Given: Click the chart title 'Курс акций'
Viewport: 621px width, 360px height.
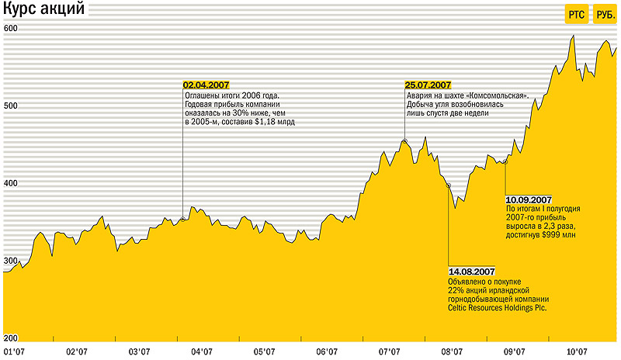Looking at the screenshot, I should tap(44, 12).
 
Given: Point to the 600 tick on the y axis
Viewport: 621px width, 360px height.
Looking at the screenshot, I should tap(11, 28).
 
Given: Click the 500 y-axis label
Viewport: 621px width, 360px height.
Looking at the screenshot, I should tap(11, 106).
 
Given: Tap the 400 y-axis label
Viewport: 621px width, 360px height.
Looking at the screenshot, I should tap(11, 183).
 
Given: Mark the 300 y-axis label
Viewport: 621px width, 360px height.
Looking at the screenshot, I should tap(11, 261).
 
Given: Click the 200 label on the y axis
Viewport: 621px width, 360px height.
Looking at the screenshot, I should tap(11, 338).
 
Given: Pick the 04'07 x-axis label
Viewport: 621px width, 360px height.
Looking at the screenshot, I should tap(202, 351).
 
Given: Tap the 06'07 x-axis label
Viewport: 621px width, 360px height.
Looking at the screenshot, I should tap(327, 351).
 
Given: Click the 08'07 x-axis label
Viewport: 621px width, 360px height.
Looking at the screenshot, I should tap(452, 351).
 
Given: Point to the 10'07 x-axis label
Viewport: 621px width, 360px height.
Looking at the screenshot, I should tap(575, 351).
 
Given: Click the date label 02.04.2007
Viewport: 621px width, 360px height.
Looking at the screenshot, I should tap(206, 85).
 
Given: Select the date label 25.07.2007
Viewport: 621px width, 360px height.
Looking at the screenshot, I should tap(428, 85).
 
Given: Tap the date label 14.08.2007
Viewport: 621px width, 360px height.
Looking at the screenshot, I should tap(471, 271).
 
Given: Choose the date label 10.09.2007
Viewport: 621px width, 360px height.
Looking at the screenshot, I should tap(528, 199).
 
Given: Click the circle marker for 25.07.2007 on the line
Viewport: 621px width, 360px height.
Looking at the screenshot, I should tap(404, 141).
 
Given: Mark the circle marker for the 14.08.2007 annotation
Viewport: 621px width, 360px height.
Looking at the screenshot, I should tap(448, 185).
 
